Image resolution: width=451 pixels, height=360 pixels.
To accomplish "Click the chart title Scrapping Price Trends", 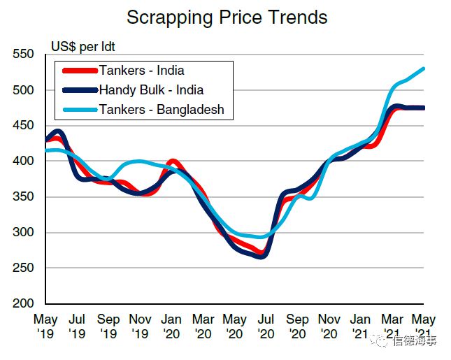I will pyautogui.click(x=227, y=17).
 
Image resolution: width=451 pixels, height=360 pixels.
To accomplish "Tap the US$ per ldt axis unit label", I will pyautogui.click(x=83, y=48).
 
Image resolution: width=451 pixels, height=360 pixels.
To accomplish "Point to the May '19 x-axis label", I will pyautogui.click(x=45, y=326).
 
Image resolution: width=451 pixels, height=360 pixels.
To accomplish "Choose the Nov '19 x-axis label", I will pyautogui.click(x=141, y=326).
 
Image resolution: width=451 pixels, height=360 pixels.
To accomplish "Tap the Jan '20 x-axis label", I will pyautogui.click(x=172, y=326).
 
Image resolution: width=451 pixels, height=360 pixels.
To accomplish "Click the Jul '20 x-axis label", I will pyautogui.click(x=266, y=326).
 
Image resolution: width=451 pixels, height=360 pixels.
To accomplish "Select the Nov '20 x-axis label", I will pyautogui.click(x=329, y=326).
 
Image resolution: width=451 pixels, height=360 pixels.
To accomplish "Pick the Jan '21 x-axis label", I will pyautogui.click(x=361, y=326).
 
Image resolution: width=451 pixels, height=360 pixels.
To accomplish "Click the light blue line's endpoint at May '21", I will pyautogui.click(x=424, y=69).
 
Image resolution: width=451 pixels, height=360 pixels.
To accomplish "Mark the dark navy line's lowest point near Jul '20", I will pyautogui.click(x=260, y=257).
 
